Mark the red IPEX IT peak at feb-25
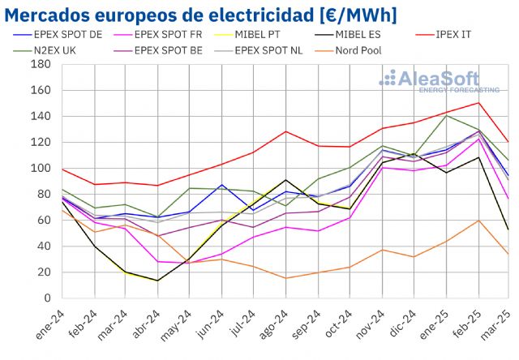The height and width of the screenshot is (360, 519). tap(478, 102)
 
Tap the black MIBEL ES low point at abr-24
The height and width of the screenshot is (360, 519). tap(157, 281)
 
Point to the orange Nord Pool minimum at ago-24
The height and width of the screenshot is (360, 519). tap(285, 278)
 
